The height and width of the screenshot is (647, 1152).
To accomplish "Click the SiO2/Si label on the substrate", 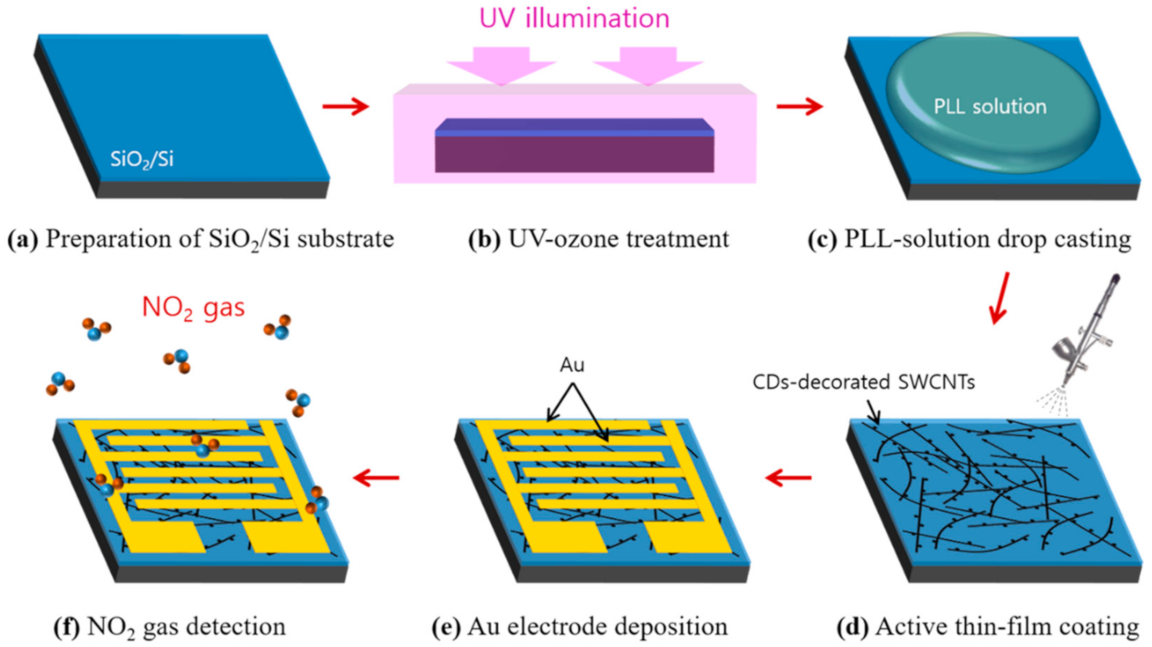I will (x=141, y=159).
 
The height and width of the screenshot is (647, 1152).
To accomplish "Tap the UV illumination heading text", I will (x=574, y=18).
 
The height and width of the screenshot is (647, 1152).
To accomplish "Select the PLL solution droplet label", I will (x=989, y=106).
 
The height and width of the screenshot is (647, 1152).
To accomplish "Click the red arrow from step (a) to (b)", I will (x=346, y=106).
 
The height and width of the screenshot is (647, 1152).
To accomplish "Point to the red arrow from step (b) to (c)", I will (x=799, y=106).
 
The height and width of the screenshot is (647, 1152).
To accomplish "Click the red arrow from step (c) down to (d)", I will (x=1000, y=298).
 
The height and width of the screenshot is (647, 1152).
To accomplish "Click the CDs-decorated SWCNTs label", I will (x=863, y=382).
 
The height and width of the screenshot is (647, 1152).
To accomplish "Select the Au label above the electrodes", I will (x=572, y=365).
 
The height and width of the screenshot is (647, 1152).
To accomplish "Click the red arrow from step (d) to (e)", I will (x=788, y=477).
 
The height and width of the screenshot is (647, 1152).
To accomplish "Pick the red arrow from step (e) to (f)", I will (x=376, y=477).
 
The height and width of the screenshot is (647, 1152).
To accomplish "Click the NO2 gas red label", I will (x=193, y=307).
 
